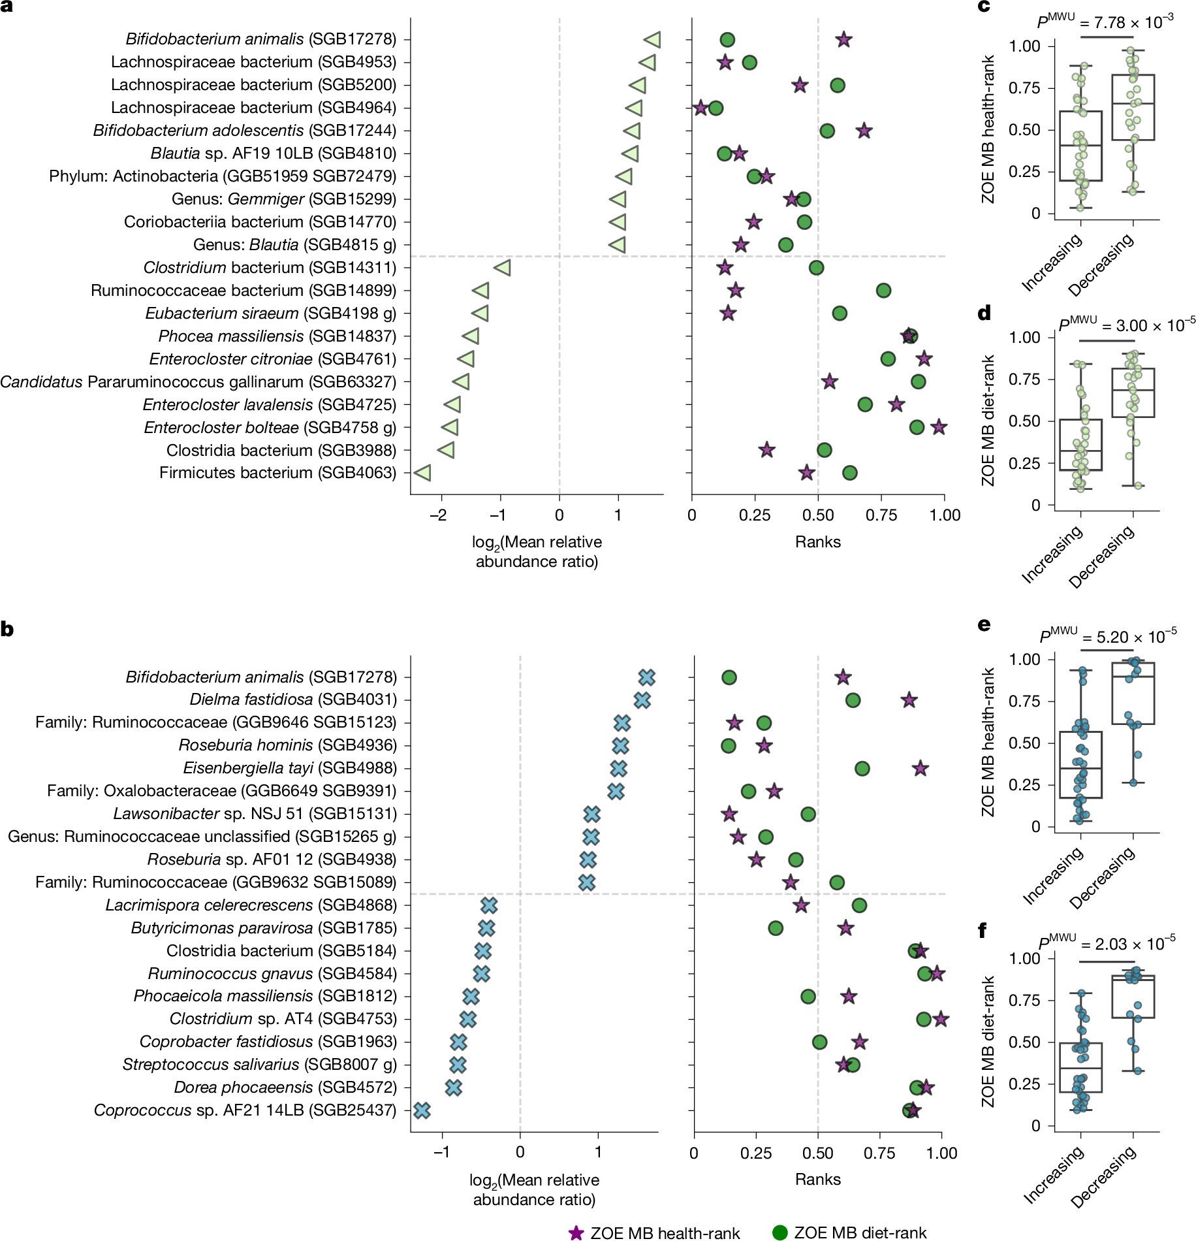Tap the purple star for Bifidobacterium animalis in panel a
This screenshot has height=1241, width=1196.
[843, 40]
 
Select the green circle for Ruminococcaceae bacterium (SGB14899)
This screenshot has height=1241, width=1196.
[883, 291]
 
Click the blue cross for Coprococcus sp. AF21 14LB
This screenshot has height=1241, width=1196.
[422, 1110]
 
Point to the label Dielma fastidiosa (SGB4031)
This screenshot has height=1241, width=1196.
[293, 700]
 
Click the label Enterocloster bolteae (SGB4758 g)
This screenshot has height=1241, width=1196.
[270, 428]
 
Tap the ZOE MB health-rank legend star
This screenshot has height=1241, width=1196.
[576, 1233]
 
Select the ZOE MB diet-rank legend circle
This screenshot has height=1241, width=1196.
[779, 1233]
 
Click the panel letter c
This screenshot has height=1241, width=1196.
[984, 7]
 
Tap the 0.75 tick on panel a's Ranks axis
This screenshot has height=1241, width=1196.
[881, 515]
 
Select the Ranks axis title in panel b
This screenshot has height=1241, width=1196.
[817, 1179]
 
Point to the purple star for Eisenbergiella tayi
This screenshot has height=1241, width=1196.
[920, 769]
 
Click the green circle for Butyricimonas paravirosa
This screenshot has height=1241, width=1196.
[775, 928]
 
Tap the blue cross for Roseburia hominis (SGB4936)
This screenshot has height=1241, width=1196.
[620, 745]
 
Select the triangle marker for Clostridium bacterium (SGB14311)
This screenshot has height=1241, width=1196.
[502, 268]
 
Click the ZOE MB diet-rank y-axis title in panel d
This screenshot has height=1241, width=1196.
[988, 421]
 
